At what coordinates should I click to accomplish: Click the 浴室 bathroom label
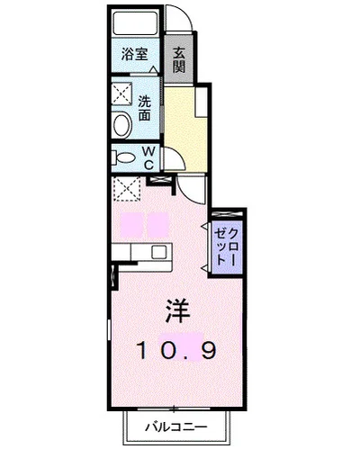click(x=135, y=54)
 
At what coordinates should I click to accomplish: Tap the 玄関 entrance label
click(x=179, y=60)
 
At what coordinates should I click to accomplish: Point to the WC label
click(x=148, y=159)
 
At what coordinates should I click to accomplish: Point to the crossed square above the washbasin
click(x=121, y=93)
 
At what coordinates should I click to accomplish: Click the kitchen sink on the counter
click(x=157, y=252)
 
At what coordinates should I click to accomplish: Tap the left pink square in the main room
click(x=132, y=222)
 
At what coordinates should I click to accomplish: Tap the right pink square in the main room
click(x=158, y=222)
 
